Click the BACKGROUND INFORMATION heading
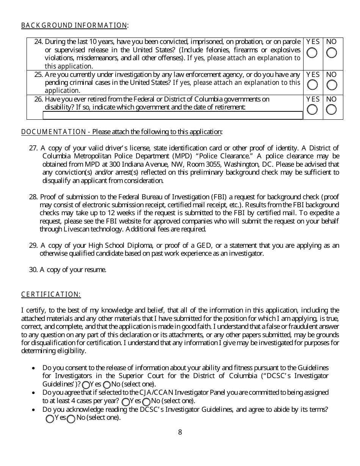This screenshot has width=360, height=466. point(74,25)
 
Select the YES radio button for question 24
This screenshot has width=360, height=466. point(312,53)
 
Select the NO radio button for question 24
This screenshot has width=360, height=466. point(332,53)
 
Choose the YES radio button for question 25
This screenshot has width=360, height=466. point(312,85)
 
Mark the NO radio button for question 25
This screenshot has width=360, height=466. point(332,85)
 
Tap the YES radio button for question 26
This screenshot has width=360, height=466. point(312,110)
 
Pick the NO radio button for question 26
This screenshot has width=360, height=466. point(332,110)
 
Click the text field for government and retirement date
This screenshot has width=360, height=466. point(173,115)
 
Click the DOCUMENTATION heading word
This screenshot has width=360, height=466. point(53,132)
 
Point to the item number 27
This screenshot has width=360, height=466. point(33,148)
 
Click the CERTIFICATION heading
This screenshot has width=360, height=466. point(51,294)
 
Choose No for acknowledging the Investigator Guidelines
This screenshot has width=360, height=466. point(71,419)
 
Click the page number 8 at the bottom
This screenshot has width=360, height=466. point(180,432)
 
